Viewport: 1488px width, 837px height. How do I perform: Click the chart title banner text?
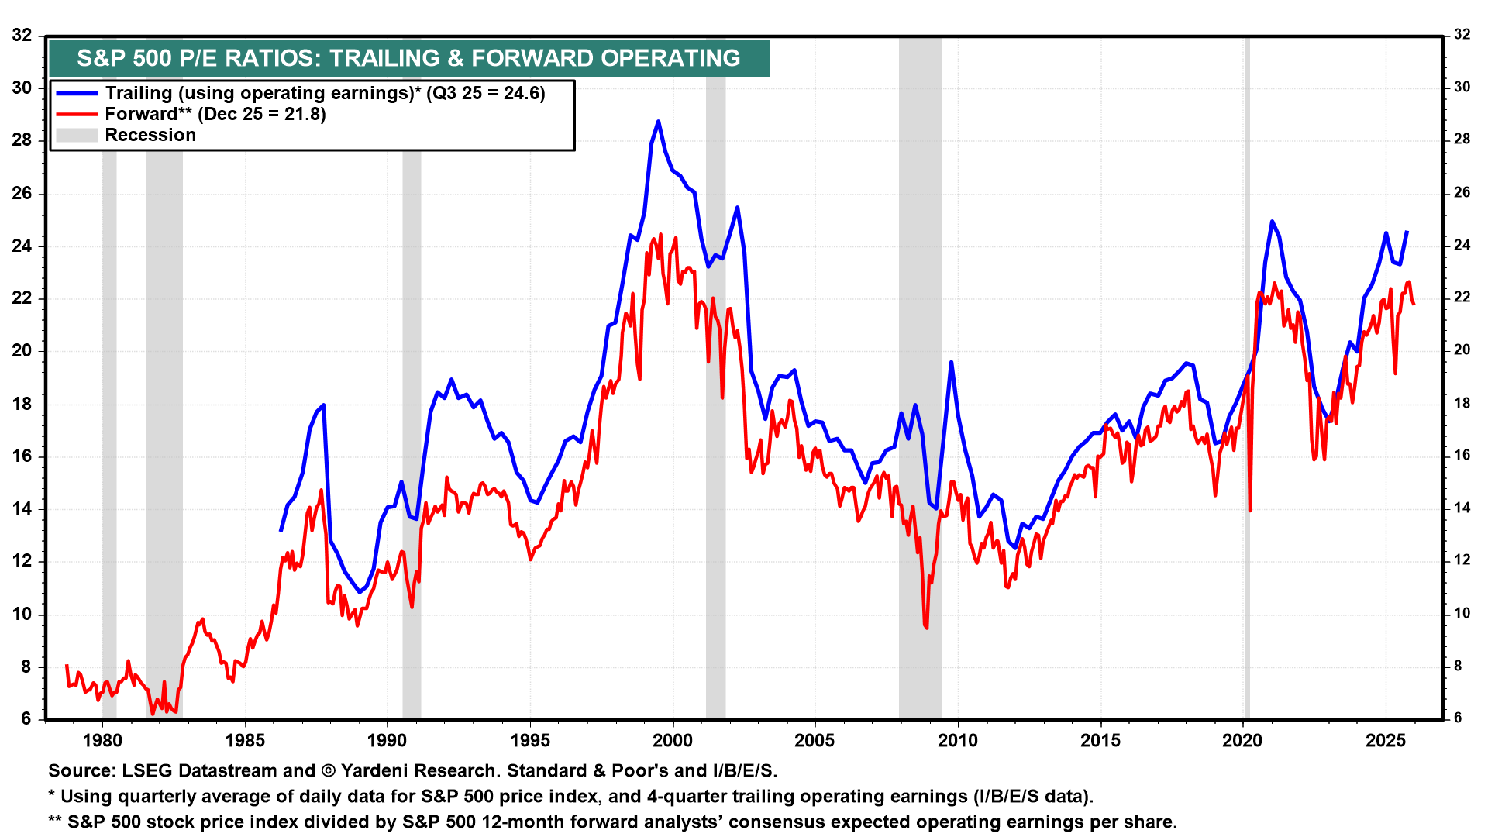(408, 58)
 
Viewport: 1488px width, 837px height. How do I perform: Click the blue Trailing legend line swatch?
(77, 93)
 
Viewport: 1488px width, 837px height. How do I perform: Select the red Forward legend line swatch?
(77, 114)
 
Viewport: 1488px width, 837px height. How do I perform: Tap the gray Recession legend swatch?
(77, 135)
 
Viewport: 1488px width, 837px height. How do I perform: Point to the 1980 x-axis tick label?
(102, 741)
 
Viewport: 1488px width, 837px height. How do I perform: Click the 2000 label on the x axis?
(673, 741)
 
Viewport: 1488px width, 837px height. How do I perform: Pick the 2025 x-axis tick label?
(1386, 741)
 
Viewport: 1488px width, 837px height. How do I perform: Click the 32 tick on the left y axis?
(22, 35)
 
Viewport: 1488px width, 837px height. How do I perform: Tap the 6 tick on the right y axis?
(1457, 718)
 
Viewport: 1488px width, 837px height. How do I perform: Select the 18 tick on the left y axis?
(22, 404)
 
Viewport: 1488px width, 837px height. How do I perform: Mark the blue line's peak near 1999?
(658, 122)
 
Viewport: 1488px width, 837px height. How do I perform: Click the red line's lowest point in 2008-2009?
(926, 627)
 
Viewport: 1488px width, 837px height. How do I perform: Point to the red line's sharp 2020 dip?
(1250, 510)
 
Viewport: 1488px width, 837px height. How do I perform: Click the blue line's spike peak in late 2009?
(951, 362)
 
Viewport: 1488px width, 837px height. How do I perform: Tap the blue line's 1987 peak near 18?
(323, 405)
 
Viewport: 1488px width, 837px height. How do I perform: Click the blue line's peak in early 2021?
(1272, 221)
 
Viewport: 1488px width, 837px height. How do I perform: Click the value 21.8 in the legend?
(305, 114)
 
